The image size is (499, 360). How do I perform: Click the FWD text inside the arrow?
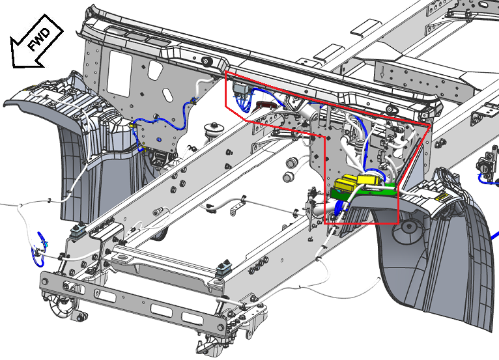click(39, 40)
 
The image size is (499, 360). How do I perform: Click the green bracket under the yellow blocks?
click(363, 192)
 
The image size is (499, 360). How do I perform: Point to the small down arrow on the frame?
click(382, 72)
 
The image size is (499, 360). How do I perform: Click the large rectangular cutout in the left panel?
click(120, 74)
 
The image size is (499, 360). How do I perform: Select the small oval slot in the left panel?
click(167, 95)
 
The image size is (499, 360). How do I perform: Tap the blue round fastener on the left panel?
click(159, 139)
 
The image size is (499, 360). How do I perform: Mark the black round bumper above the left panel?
click(207, 62)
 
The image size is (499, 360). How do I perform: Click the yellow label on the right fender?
click(442, 198)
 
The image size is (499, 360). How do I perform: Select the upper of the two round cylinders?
click(291, 163)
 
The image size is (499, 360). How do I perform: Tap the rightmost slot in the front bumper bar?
click(192, 318)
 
